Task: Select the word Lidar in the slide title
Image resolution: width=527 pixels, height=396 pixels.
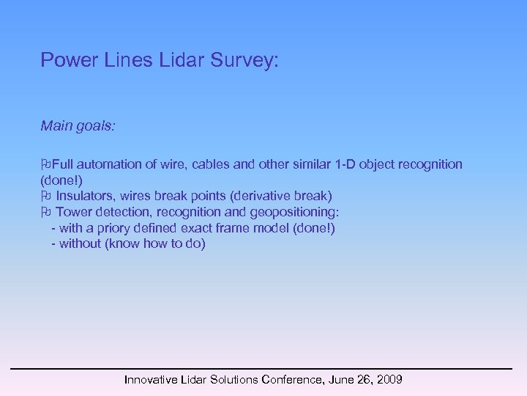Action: tap(183, 60)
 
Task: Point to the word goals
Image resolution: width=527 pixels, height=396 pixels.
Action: tap(97, 127)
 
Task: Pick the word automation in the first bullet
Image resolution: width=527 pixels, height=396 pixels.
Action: tap(108, 164)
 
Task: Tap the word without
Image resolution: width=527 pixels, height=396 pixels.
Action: tap(81, 244)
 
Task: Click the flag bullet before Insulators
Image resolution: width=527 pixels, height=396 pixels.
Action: tap(45, 196)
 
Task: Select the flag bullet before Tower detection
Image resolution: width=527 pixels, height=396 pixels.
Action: tap(45, 212)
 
